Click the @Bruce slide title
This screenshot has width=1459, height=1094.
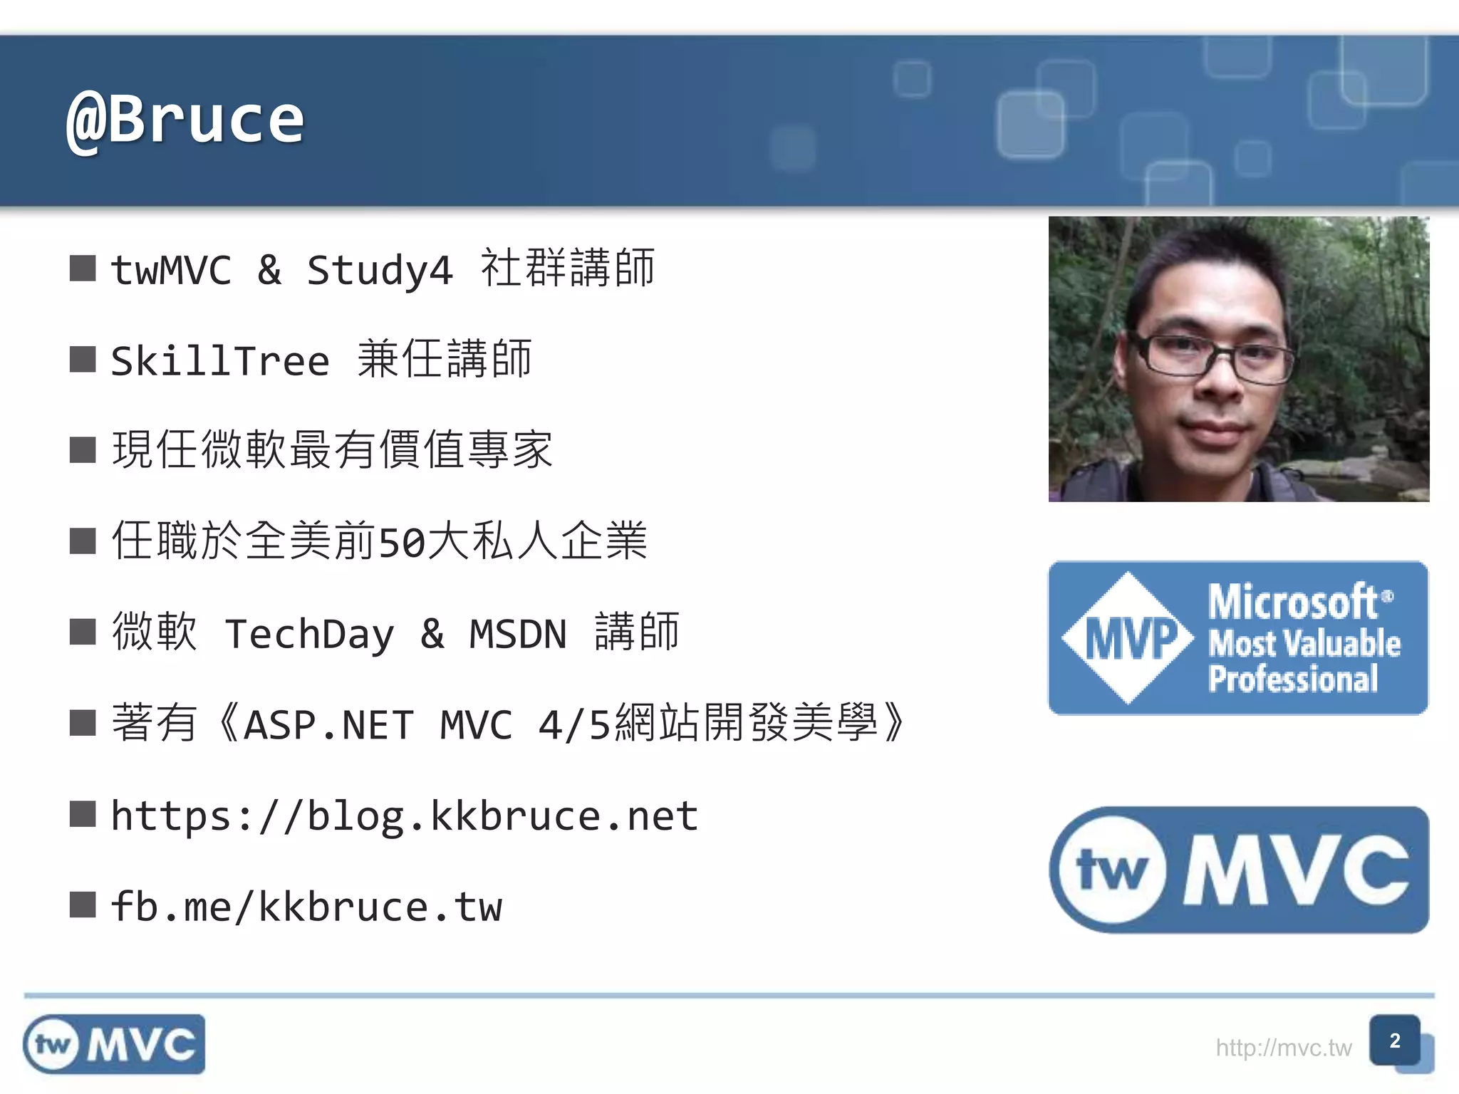click(185, 120)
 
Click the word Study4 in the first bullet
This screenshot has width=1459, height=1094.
click(379, 271)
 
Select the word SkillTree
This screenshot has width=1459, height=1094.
click(220, 361)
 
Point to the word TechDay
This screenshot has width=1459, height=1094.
click(309, 634)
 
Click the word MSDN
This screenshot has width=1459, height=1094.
click(518, 634)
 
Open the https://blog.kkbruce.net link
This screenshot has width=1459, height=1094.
click(404, 816)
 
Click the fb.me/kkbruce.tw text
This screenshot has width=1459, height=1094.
click(306, 907)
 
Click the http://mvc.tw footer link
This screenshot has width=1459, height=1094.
click(1283, 1048)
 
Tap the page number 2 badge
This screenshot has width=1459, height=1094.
click(1395, 1041)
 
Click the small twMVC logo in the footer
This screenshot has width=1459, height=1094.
click(114, 1044)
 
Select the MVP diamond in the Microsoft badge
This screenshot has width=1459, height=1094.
click(1128, 638)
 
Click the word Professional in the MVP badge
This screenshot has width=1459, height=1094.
click(1293, 679)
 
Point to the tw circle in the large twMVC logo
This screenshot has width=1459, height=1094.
click(1111, 870)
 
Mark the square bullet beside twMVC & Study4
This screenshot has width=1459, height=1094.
click(83, 269)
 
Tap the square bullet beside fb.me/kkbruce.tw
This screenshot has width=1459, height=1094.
click(83, 905)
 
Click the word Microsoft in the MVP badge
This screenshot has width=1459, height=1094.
click(1293, 602)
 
